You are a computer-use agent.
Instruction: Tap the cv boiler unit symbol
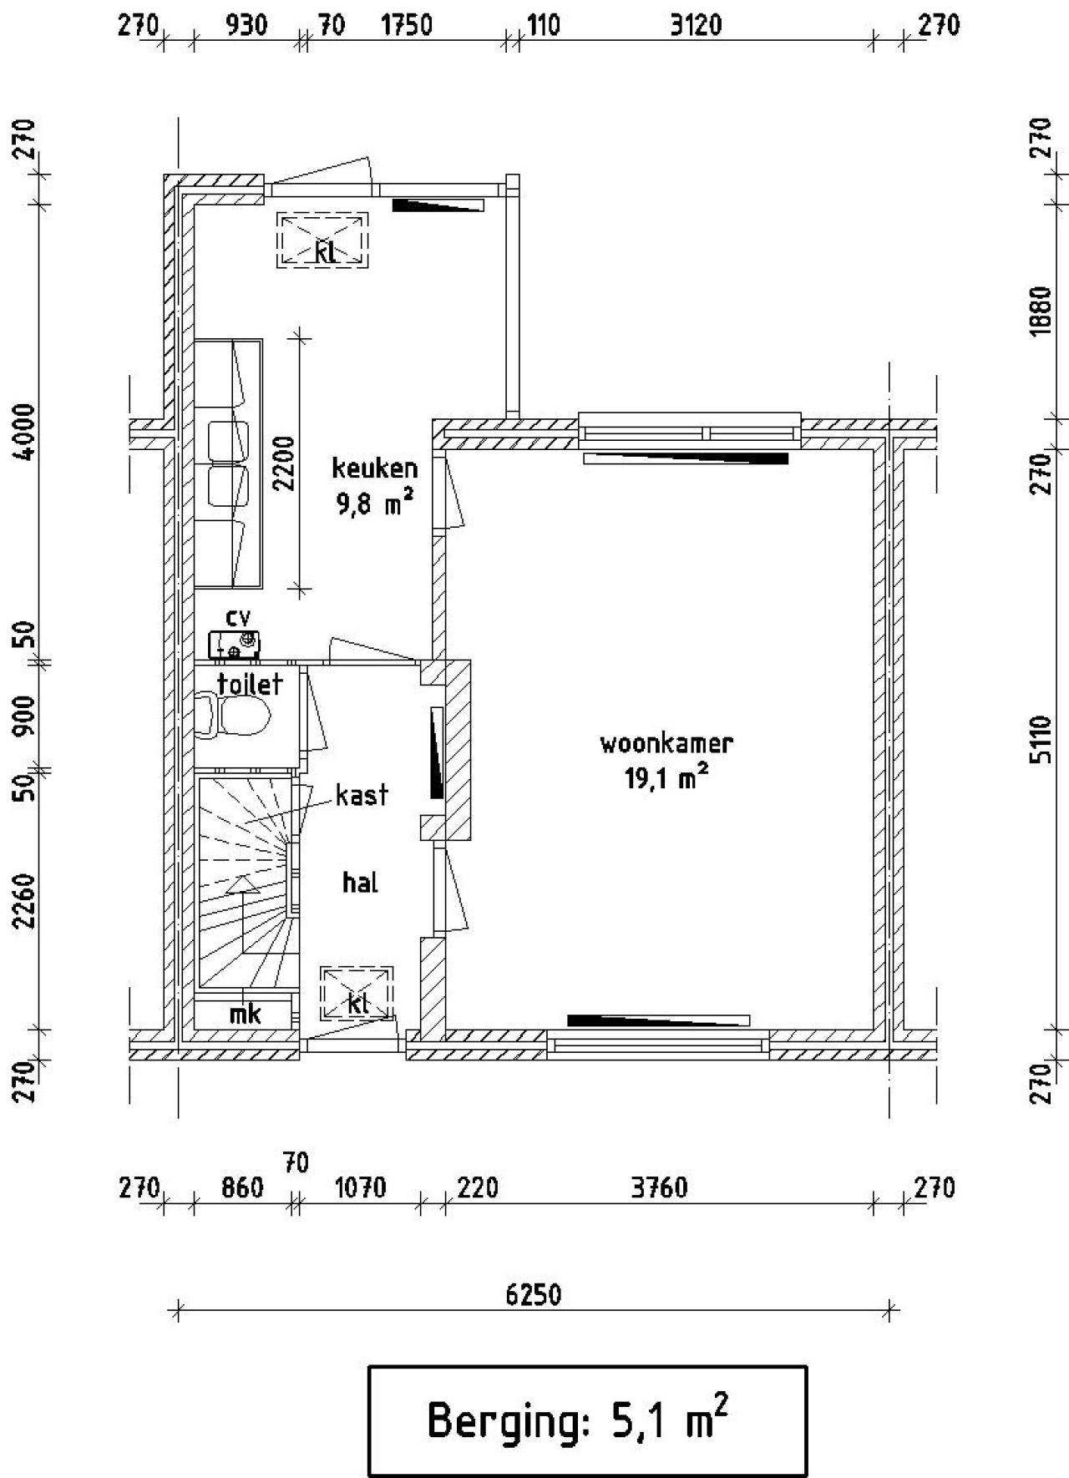[x=234, y=644]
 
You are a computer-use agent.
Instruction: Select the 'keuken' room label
[x=375, y=468]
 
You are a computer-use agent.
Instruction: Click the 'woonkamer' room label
[x=666, y=743]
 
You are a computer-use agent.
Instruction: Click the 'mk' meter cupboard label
[x=245, y=1014]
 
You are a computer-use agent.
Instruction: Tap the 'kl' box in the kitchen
[x=323, y=240]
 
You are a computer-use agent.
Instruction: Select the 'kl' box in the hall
[x=357, y=994]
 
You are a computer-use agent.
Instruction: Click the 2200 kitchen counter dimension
[x=285, y=463]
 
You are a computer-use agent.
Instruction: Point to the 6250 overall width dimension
[x=534, y=1294]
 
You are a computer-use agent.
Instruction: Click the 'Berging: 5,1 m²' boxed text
[x=578, y=1420]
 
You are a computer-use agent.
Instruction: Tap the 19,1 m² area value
[x=666, y=777]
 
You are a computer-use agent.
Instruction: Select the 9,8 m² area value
[x=375, y=504]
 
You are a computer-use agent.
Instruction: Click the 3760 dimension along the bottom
[x=659, y=1187]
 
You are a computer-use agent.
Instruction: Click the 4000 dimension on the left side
[x=27, y=432]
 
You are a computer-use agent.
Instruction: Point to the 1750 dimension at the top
[x=407, y=25]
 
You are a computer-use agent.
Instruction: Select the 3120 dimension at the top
[x=696, y=25]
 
